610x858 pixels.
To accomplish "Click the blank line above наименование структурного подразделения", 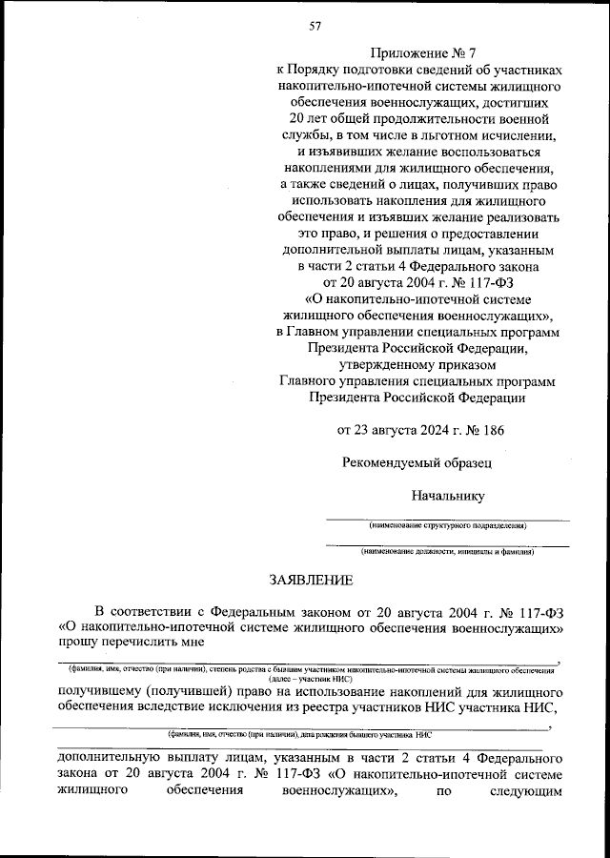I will point(448,519).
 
